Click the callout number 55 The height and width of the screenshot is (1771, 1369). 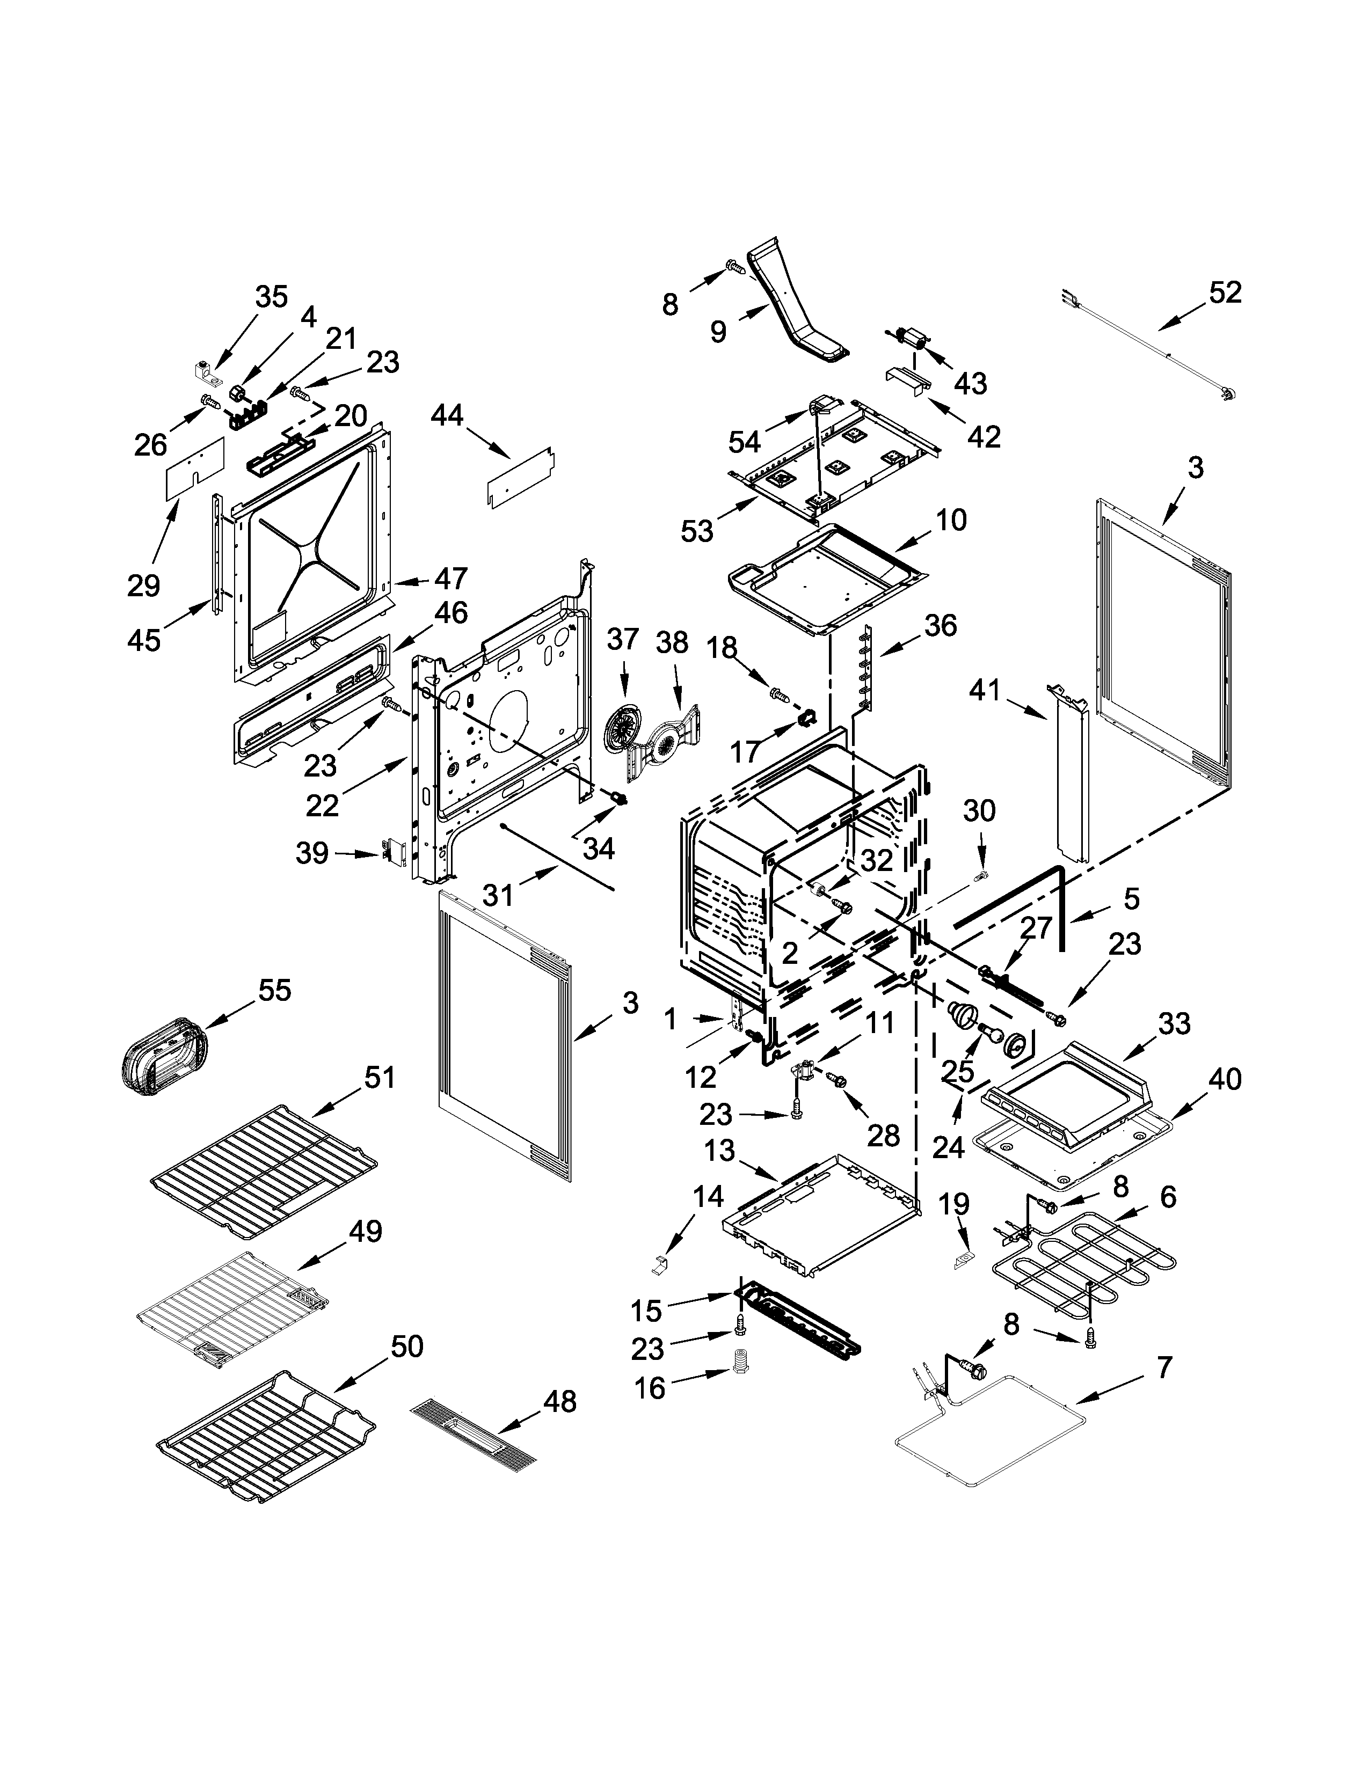[x=274, y=990]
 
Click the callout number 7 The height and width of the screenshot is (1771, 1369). [x=1164, y=1368]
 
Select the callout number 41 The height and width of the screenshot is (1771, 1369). [x=985, y=668]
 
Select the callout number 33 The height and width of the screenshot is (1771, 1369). [x=1174, y=1023]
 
